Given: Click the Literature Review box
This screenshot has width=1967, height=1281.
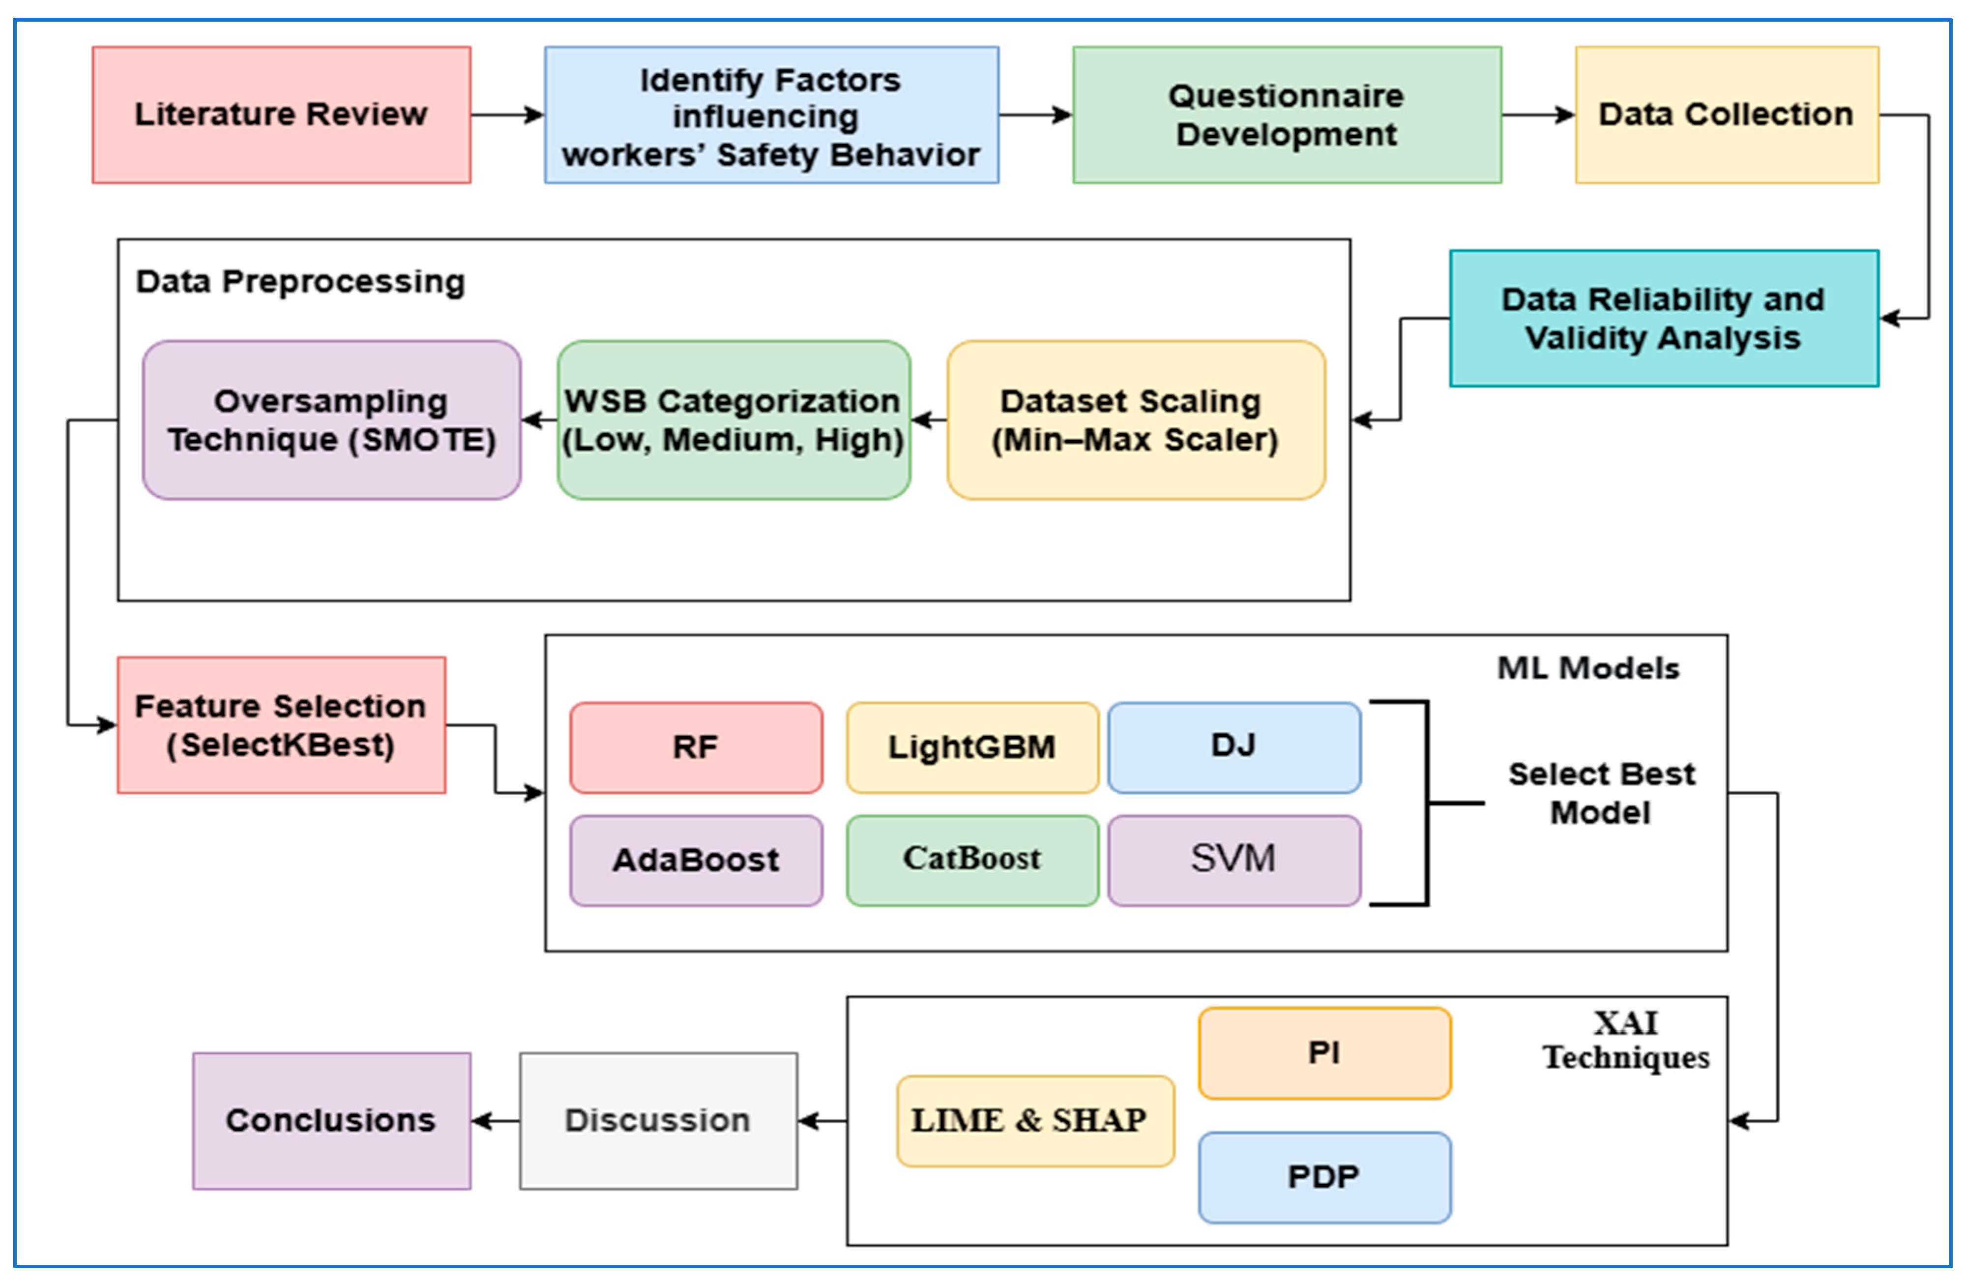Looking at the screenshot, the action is point(282,115).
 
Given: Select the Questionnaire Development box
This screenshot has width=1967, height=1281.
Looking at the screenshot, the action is point(1287,115).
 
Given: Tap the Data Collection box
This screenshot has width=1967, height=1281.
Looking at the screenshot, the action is point(1727,115).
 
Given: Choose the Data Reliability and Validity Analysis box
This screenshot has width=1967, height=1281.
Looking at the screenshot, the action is point(1664,318).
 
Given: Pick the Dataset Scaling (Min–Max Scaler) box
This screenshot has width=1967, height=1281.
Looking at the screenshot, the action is point(1137,420).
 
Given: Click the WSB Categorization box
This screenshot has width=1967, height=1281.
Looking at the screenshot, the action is point(734,420).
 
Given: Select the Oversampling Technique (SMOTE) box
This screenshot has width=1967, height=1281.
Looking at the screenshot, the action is point(331,420).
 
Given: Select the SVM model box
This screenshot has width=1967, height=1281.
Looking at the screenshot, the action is point(1234,861).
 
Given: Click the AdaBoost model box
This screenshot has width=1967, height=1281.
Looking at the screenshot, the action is point(696,861).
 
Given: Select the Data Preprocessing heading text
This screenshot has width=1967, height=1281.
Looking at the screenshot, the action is point(301,282).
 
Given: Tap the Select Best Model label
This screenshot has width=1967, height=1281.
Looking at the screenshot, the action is point(1602,793).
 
